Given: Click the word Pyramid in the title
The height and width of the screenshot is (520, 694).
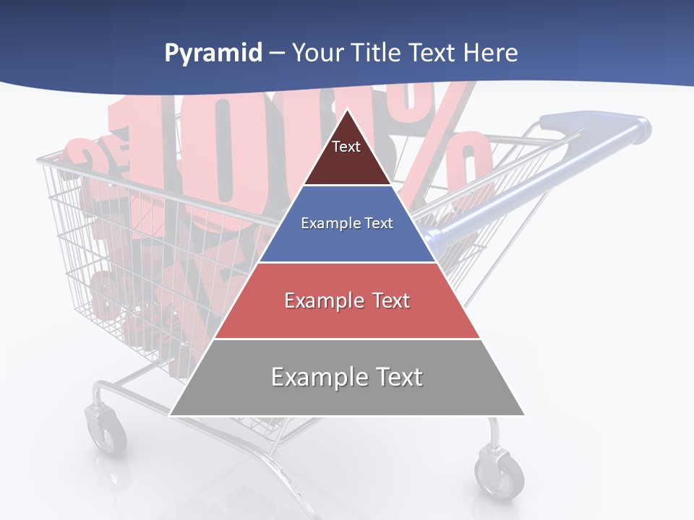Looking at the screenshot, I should (213, 53).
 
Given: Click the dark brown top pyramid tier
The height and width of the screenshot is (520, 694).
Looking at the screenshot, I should (347, 162).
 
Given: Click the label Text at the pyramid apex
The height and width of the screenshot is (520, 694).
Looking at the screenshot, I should (346, 147).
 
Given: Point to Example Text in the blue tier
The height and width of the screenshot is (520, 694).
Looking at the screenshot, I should (347, 223).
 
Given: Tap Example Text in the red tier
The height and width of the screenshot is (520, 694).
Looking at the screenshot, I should (347, 300).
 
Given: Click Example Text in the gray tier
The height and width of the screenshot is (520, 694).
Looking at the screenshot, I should (347, 377).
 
